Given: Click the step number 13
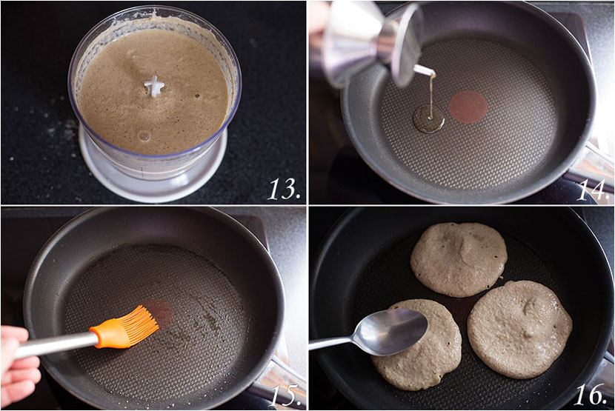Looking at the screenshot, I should pos(284,190).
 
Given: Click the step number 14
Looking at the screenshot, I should pos(592,190).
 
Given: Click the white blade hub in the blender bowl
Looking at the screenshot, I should pos(154,86).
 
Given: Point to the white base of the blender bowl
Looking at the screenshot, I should pos(153,174).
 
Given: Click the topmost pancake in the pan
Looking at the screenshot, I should pos(459,258).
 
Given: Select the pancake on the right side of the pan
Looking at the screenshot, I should pos(519,328).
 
